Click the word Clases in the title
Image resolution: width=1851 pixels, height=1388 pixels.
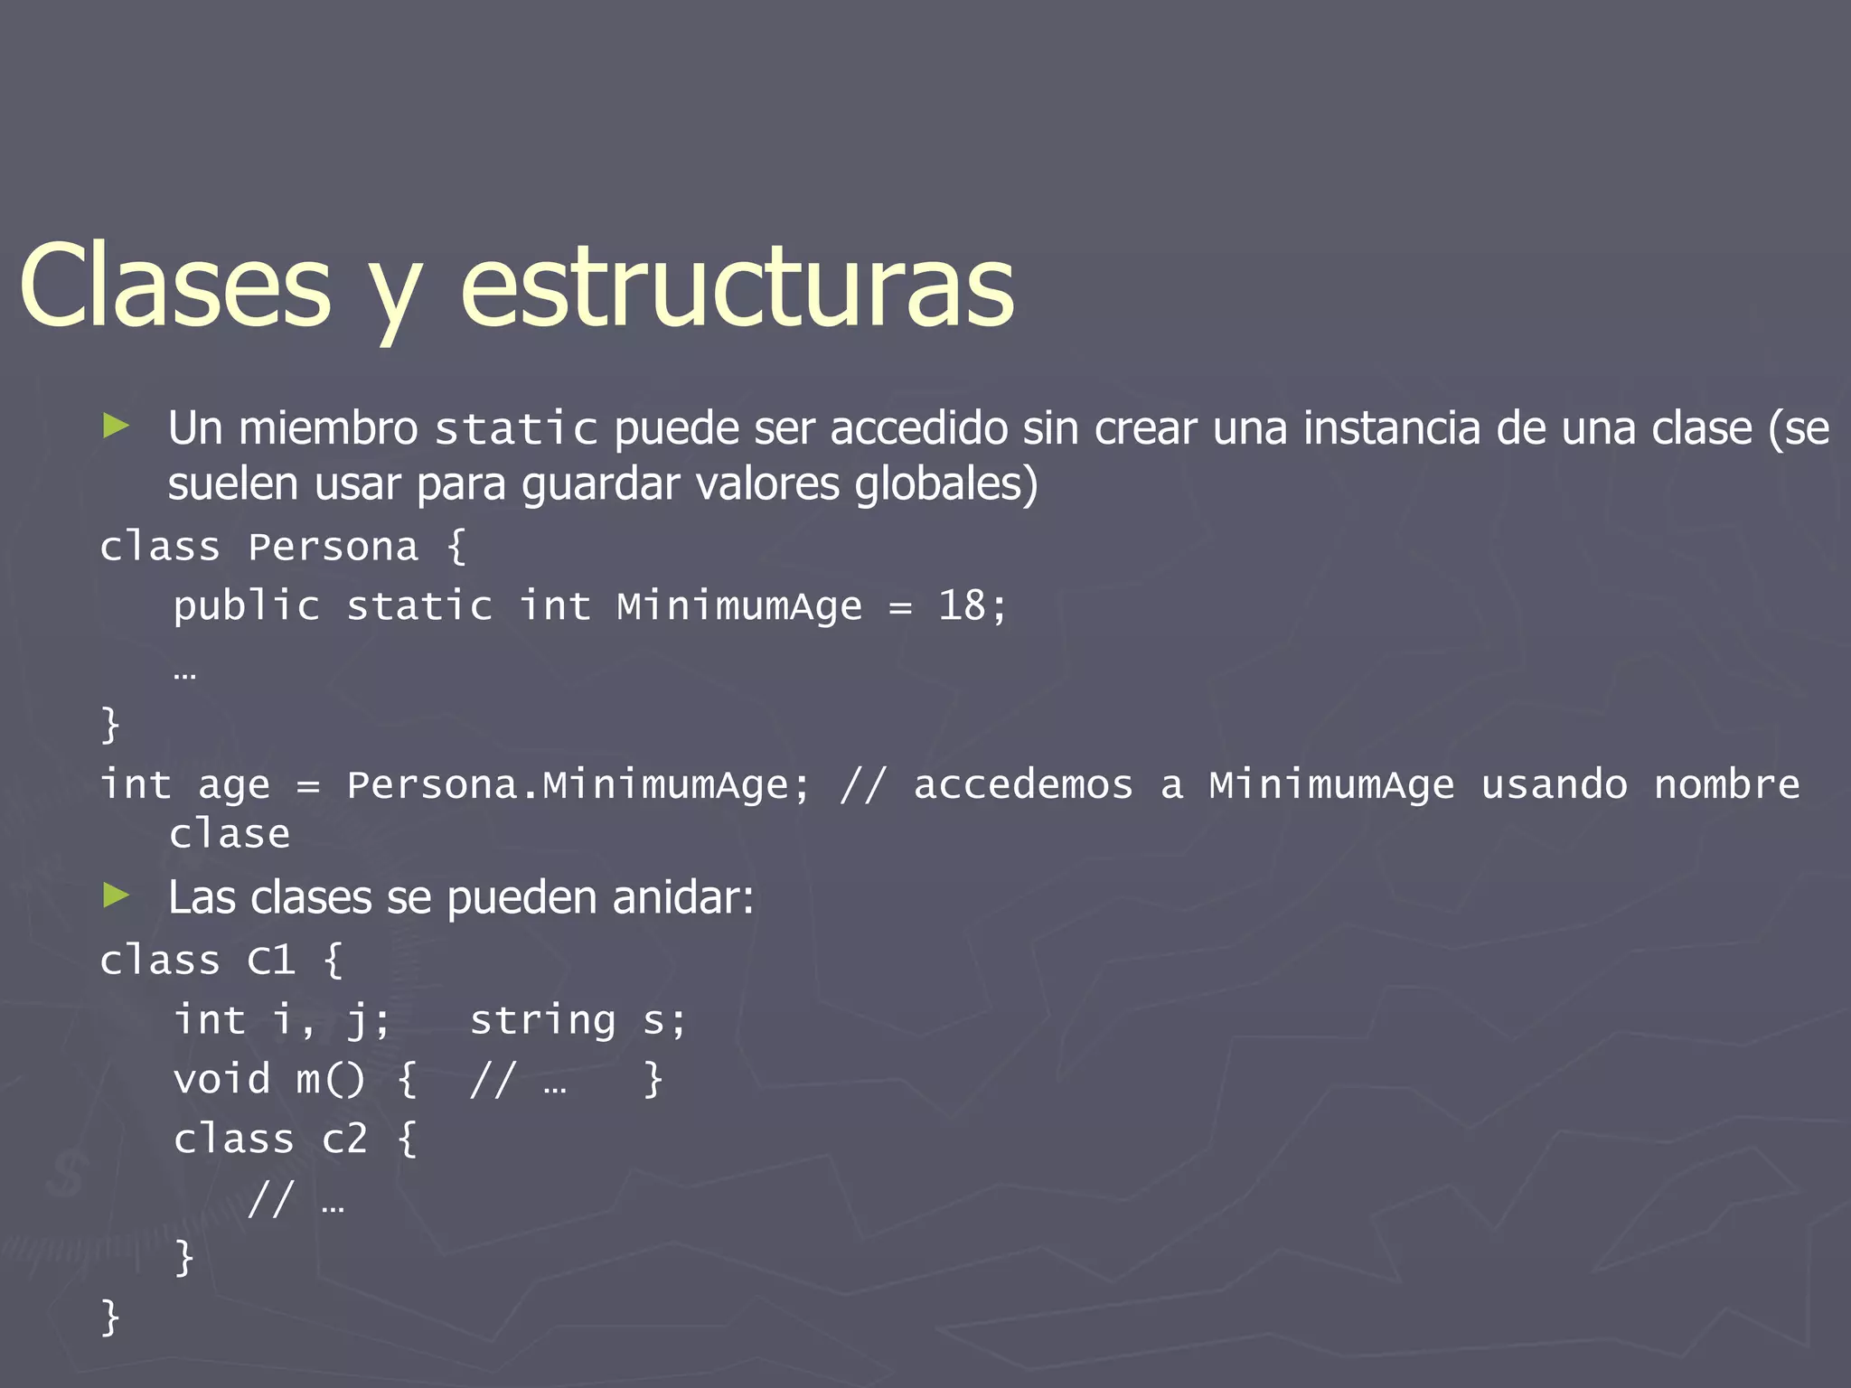175,287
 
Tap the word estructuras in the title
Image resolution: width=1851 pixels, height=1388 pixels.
737,287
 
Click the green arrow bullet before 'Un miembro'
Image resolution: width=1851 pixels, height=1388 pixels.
117,425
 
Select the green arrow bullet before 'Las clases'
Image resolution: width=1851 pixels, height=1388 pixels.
117,896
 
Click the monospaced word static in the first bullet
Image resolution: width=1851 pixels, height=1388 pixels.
516,429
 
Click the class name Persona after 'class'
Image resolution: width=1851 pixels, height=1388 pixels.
333,548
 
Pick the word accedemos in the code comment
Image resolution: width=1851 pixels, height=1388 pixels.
1023,784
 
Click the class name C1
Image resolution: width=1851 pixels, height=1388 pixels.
271,961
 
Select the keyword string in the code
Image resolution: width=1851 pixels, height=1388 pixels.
542,1021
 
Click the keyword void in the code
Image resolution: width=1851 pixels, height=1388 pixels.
221,1080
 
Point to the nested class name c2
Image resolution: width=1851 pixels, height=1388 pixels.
344,1139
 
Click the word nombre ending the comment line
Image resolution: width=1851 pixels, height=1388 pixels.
1726,784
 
